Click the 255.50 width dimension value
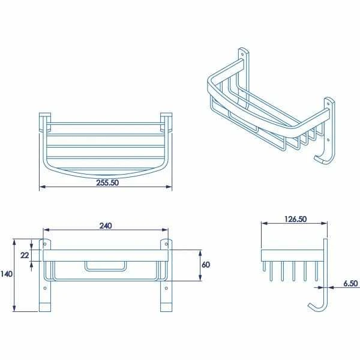[107, 183]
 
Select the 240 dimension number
[106, 226]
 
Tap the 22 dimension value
[23, 256]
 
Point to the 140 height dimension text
[7, 274]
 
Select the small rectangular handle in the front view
[106, 266]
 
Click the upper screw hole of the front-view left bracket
[44, 244]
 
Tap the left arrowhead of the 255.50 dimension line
[41, 188]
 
